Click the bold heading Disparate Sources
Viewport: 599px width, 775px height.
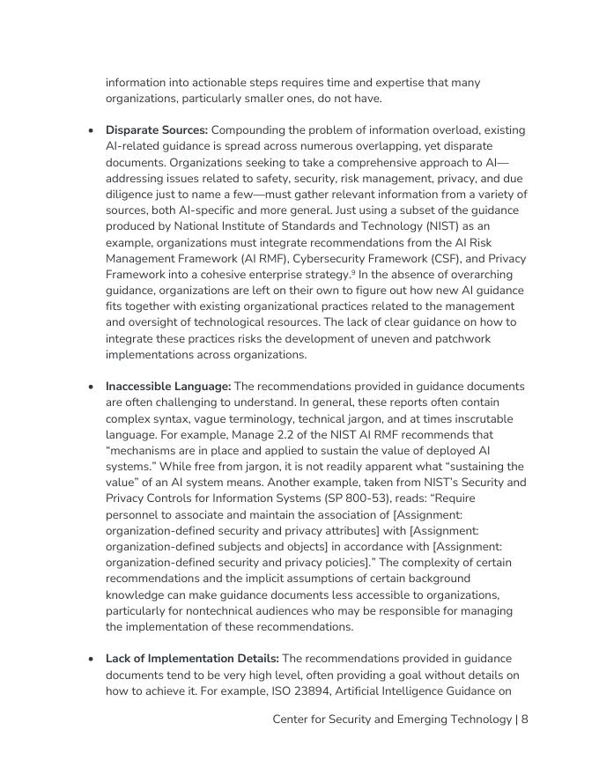pyautogui.click(x=156, y=130)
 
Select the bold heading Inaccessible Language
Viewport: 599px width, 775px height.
pyautogui.click(x=167, y=387)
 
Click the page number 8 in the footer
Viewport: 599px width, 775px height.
pyautogui.click(x=524, y=720)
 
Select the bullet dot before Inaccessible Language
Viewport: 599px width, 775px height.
pyautogui.click(x=91, y=387)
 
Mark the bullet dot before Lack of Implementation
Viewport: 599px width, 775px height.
pyautogui.click(x=91, y=660)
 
